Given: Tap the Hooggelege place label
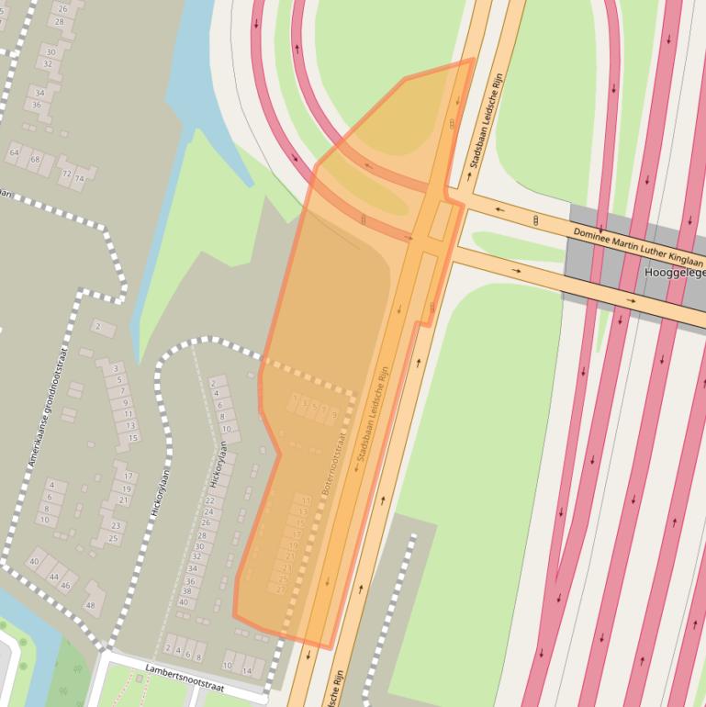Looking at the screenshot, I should [x=675, y=273].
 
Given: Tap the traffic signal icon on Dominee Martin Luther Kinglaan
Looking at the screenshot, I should [x=535, y=220].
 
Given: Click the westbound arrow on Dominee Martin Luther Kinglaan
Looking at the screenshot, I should [x=499, y=209].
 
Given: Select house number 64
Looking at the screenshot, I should [x=14, y=151].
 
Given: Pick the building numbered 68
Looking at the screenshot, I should [x=35, y=159].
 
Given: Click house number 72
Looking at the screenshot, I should [x=66, y=173].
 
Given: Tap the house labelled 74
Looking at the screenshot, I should [x=79, y=178].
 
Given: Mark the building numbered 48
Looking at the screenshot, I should [x=90, y=605].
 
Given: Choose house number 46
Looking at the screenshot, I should [x=64, y=585].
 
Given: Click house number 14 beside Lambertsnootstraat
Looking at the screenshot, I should [x=246, y=670].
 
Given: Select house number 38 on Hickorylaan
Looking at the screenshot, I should [x=186, y=591].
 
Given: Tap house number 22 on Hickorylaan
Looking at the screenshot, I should [x=208, y=499].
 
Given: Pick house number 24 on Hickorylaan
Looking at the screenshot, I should [x=208, y=511].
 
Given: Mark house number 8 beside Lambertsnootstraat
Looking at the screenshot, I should [x=201, y=656].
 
